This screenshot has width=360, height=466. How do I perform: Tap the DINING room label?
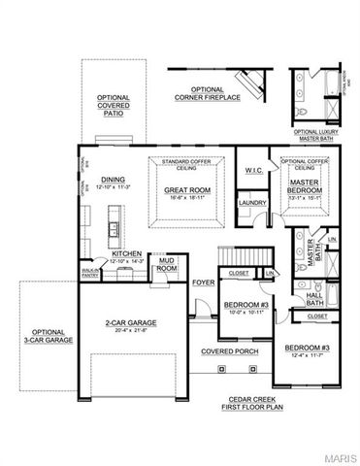pos(113,180)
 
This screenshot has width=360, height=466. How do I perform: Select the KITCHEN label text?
pos(127,254)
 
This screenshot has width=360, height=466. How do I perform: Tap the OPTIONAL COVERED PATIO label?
pos(113,105)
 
